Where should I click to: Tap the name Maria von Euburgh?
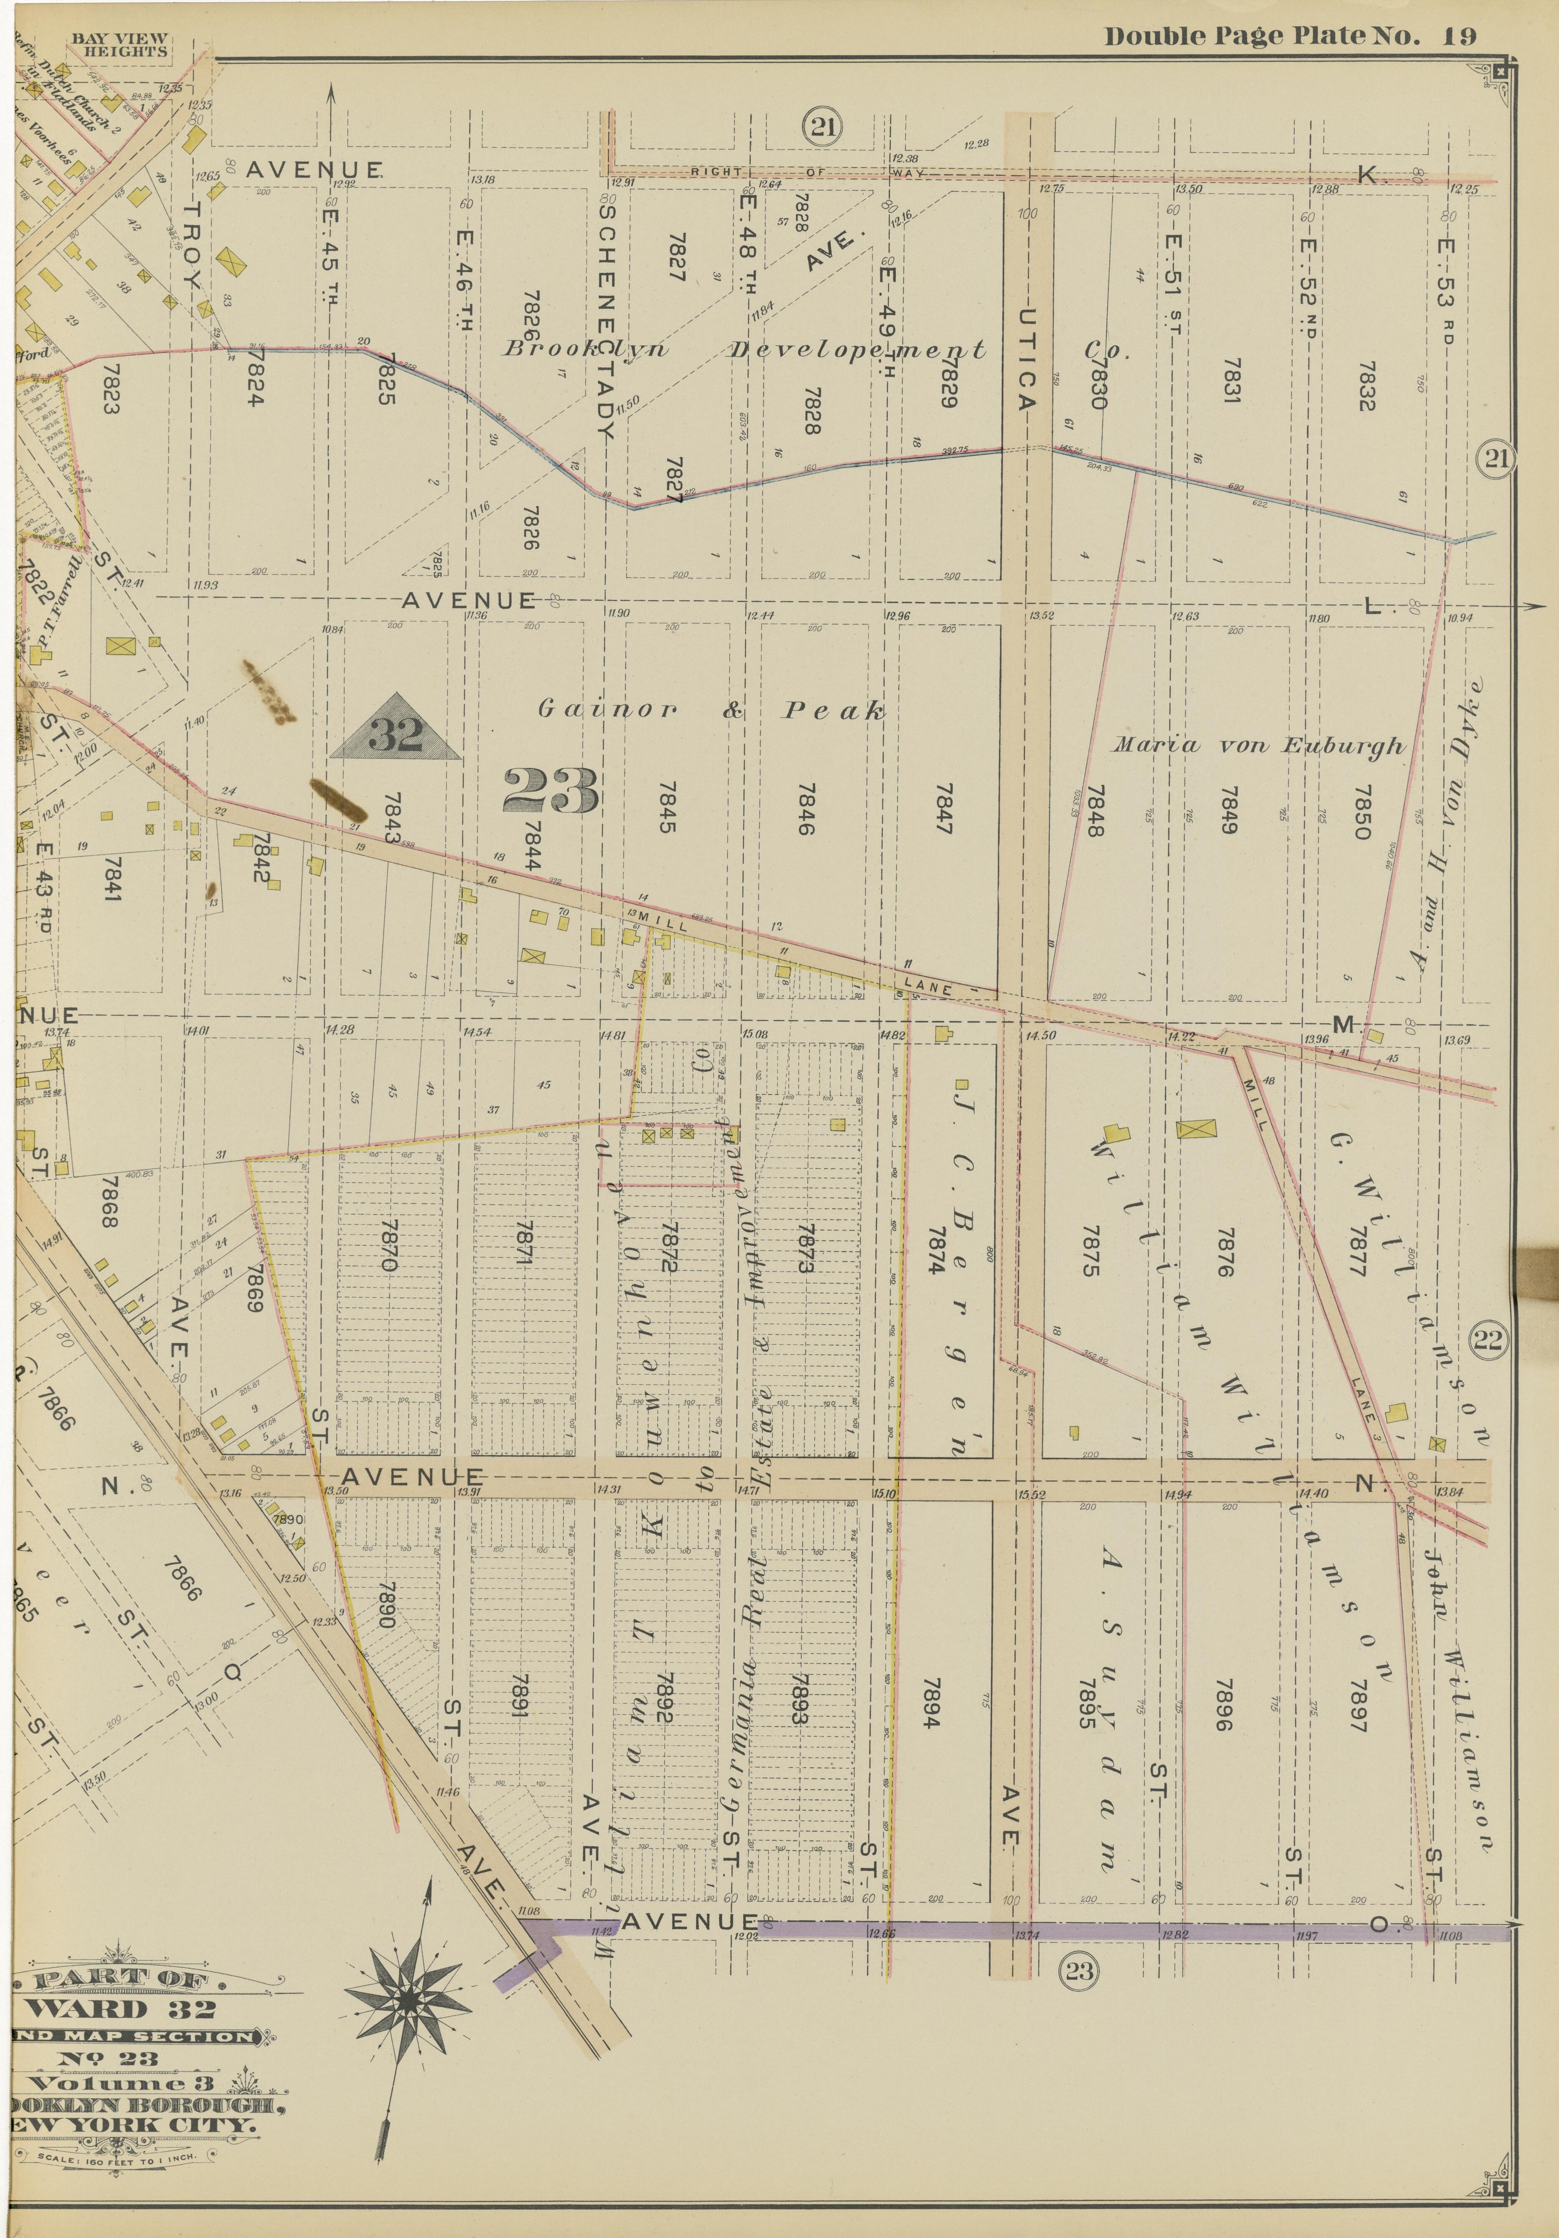pos(1259,746)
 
